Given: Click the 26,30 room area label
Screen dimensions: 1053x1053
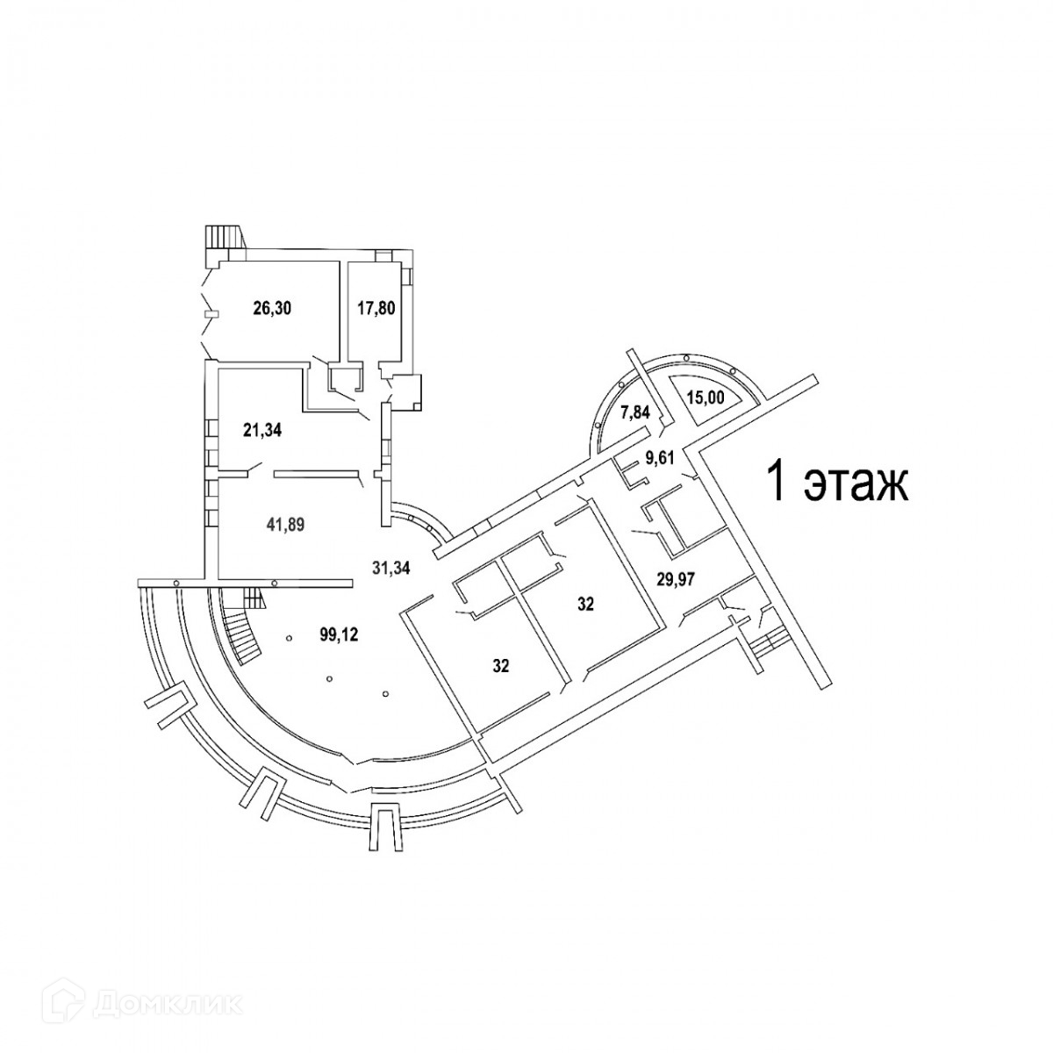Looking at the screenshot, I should [271, 308].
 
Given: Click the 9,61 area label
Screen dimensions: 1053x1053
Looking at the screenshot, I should [663, 455].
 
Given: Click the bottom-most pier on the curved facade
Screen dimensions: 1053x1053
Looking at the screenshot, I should [383, 826].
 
